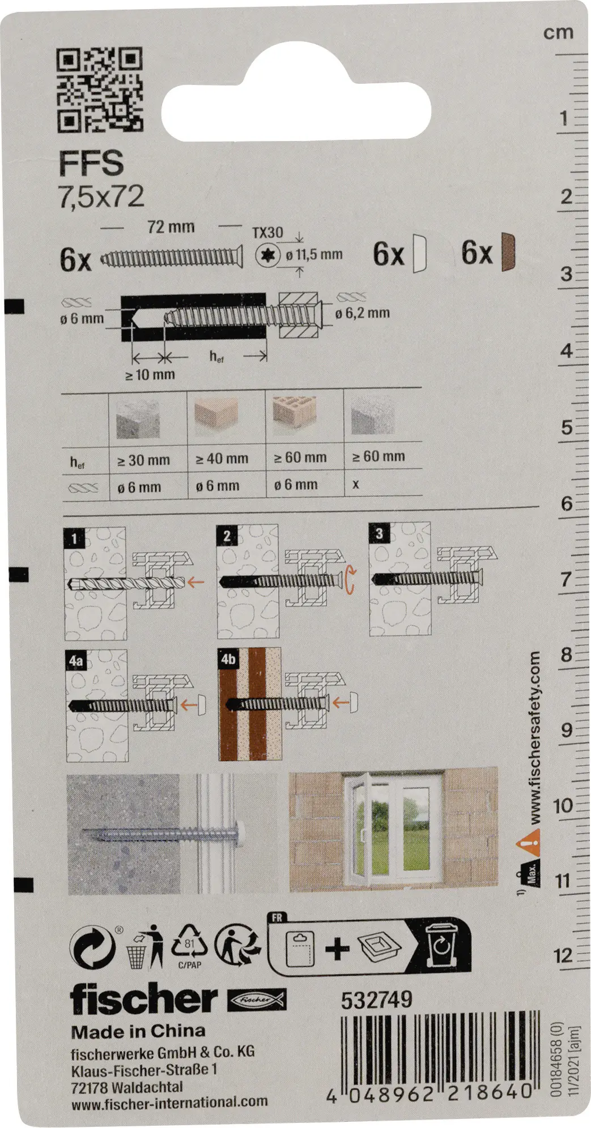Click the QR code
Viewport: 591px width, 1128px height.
click(x=100, y=89)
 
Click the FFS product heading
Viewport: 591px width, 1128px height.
click(x=91, y=163)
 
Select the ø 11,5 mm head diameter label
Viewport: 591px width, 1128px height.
click(x=314, y=255)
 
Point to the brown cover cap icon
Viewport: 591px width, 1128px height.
click(x=509, y=252)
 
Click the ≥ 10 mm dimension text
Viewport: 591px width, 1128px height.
click(x=150, y=374)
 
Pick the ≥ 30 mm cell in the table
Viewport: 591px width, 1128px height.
click(x=143, y=460)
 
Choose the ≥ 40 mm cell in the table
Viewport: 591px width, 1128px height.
click(x=222, y=459)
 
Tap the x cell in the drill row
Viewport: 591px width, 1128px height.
click(x=355, y=485)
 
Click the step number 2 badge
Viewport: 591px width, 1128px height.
click(x=227, y=536)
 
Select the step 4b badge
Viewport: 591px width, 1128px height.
click(x=228, y=659)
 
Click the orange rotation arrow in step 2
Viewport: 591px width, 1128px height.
click(x=351, y=582)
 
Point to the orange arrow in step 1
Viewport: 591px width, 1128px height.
click(x=196, y=580)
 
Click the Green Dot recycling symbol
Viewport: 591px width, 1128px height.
click(x=93, y=948)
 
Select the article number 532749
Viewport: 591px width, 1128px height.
click(x=377, y=1000)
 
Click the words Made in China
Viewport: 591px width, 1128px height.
click(x=138, y=1031)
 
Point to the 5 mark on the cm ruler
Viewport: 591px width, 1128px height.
click(x=567, y=428)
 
